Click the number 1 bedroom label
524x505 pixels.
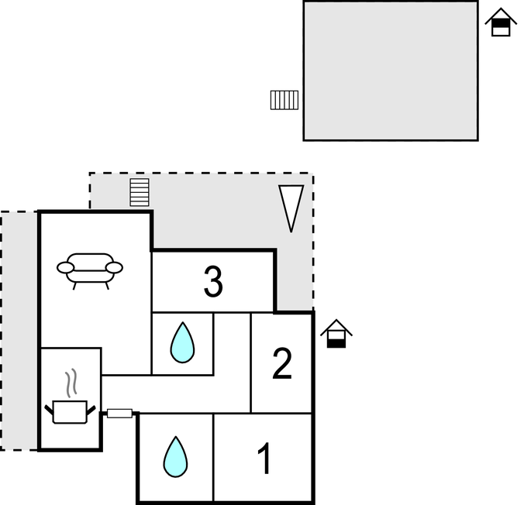coord(264,459)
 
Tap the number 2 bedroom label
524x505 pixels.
coord(281,364)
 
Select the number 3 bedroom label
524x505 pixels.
coord(213,282)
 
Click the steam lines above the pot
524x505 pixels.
coord(72,382)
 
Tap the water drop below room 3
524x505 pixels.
coord(182,342)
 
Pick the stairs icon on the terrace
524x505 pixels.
coord(140,192)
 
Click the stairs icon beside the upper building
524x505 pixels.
coord(284,100)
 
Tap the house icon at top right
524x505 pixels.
coord(501,23)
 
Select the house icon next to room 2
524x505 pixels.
coord(336,334)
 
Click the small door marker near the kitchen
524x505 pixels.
coord(119,413)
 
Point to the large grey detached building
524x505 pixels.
coord(390,70)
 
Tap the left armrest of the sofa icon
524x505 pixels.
coord(65,267)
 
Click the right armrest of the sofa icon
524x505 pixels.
coord(115,267)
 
